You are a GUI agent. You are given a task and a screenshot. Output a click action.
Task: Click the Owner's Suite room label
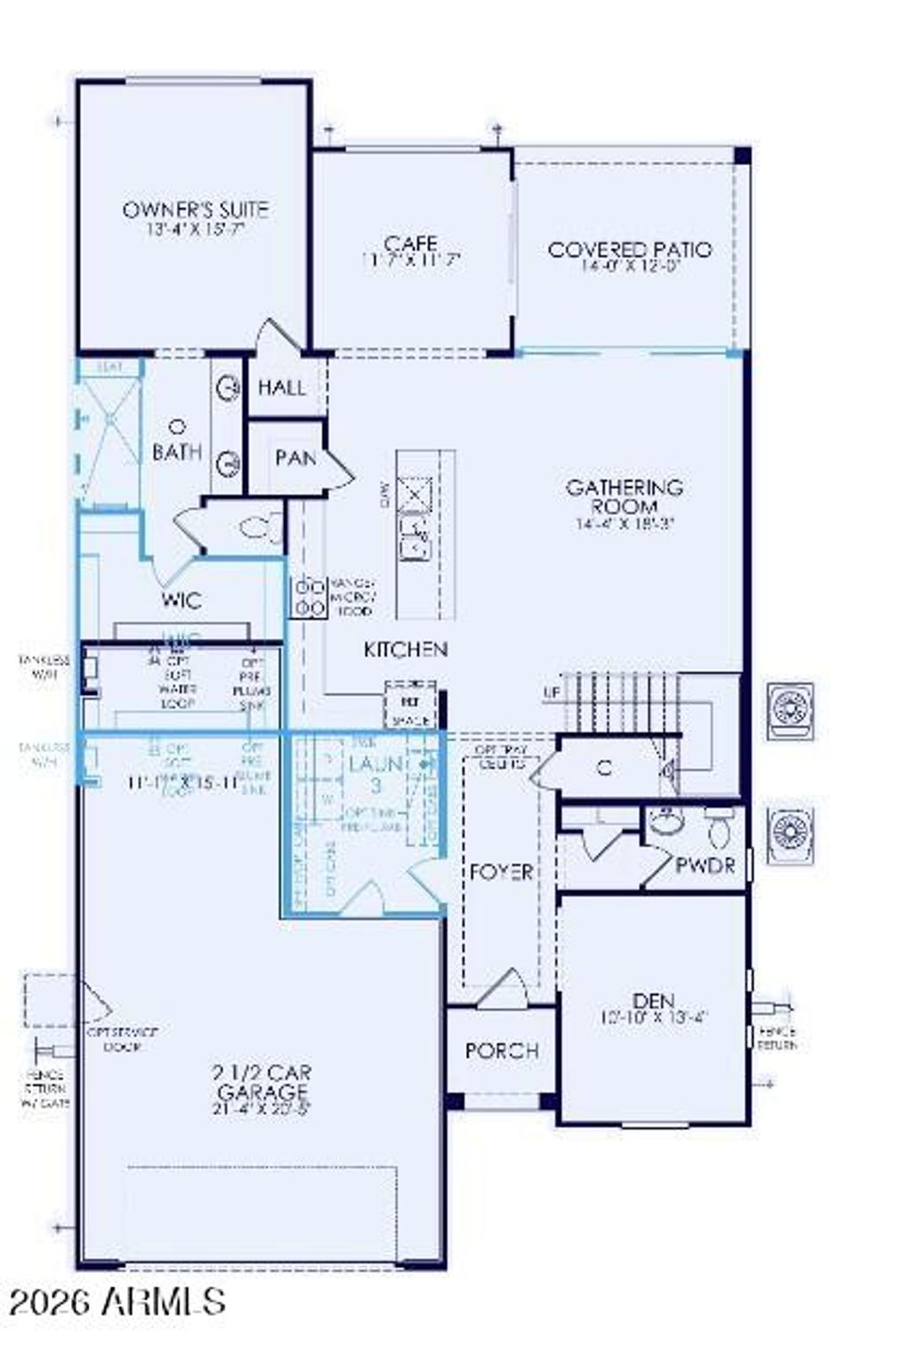tap(195, 211)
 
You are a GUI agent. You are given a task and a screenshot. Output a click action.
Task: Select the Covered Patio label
tap(630, 250)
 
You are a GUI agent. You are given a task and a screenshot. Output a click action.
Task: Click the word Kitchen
tap(406, 650)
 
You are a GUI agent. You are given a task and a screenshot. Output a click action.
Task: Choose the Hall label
tap(281, 388)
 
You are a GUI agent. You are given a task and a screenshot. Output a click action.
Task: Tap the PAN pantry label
tap(294, 458)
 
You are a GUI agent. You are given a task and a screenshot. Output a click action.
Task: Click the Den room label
tap(654, 1001)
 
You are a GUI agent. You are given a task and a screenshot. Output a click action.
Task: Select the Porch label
tap(502, 1051)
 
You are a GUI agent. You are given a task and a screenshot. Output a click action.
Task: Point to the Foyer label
tap(502, 872)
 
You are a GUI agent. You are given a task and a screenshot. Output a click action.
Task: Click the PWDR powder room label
tap(705, 865)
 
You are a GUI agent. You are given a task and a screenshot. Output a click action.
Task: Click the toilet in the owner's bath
tap(260, 528)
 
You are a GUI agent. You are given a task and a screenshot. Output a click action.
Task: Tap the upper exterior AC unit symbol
tap(789, 711)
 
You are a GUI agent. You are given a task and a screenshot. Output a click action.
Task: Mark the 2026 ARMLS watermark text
tap(117, 1302)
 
